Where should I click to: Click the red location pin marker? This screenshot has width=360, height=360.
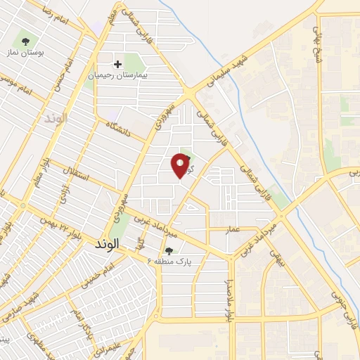[x=181, y=165]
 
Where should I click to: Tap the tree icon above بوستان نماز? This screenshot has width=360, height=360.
[x=27, y=41]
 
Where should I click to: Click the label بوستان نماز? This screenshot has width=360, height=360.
[x=26, y=53]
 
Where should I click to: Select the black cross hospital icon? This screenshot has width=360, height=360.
[x=117, y=63]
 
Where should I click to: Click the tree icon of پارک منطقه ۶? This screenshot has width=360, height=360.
[x=169, y=250]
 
